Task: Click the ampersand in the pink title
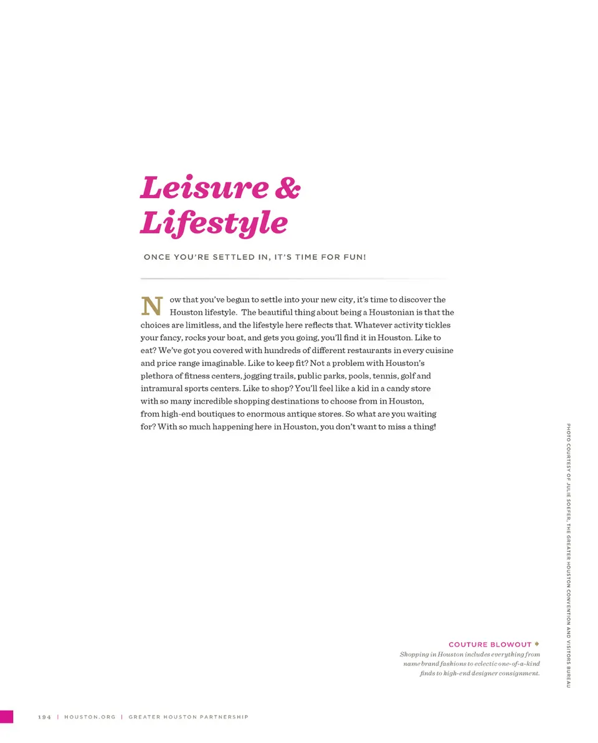pos(287,187)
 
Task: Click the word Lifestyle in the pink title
pos(214,223)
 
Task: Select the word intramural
pos(161,389)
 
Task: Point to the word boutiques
pos(217,414)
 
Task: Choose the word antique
pos(323,414)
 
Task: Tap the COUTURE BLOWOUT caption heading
pos(490,644)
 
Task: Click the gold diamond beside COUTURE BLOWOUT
pos(536,643)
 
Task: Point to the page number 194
pos(44,717)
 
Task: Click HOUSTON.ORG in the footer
pos(90,717)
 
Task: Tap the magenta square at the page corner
pos(6,716)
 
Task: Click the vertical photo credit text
pos(568,554)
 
